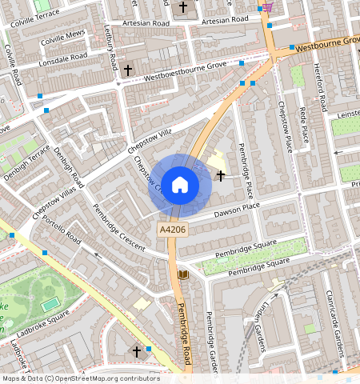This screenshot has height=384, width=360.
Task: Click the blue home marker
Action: coord(180,185)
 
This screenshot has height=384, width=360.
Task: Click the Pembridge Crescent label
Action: coord(118,227)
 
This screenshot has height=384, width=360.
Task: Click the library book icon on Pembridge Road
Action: coord(182,275)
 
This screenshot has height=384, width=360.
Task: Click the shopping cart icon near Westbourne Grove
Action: coord(266,7)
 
